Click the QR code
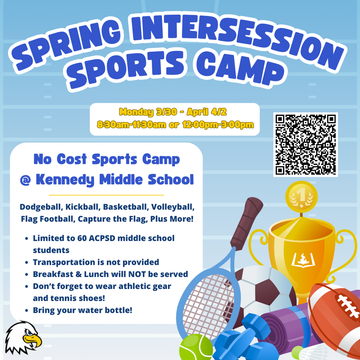coord(305,144)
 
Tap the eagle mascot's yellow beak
coord(32,340)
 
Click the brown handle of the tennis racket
coord(246,221)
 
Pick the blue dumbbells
coord(243,337)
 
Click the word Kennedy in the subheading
coord(65,180)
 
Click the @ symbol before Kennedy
coord(25,180)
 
